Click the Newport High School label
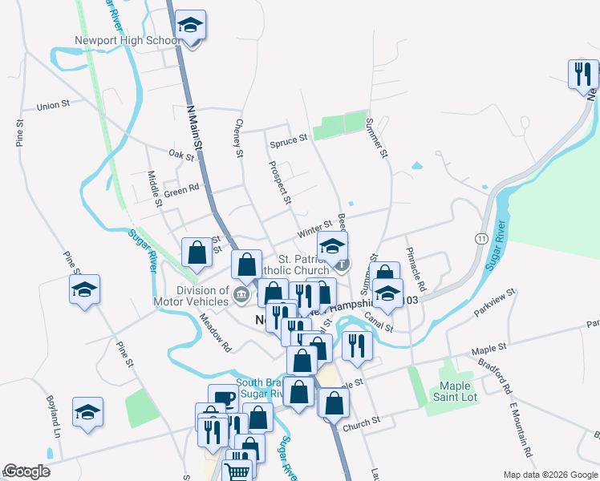pos(128,41)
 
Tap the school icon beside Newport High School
pos(190,26)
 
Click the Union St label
pos(54,105)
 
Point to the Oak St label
pos(181,154)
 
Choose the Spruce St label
pos(288,139)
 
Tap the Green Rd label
pos(181,190)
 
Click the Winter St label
pos(314,229)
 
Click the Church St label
pos(360,422)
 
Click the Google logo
pos(26,472)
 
